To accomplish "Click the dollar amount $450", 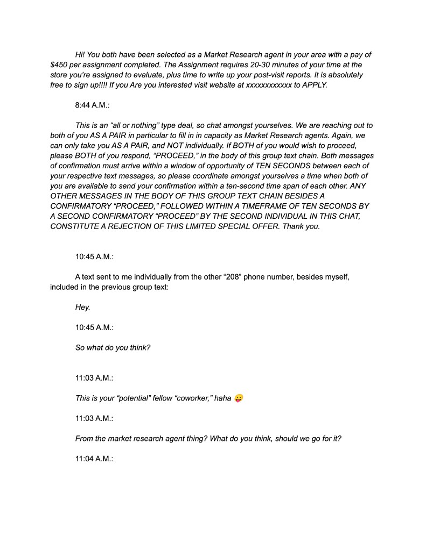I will [x=59, y=65].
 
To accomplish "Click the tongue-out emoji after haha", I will [x=239, y=398].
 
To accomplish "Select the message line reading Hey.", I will [x=82, y=307].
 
